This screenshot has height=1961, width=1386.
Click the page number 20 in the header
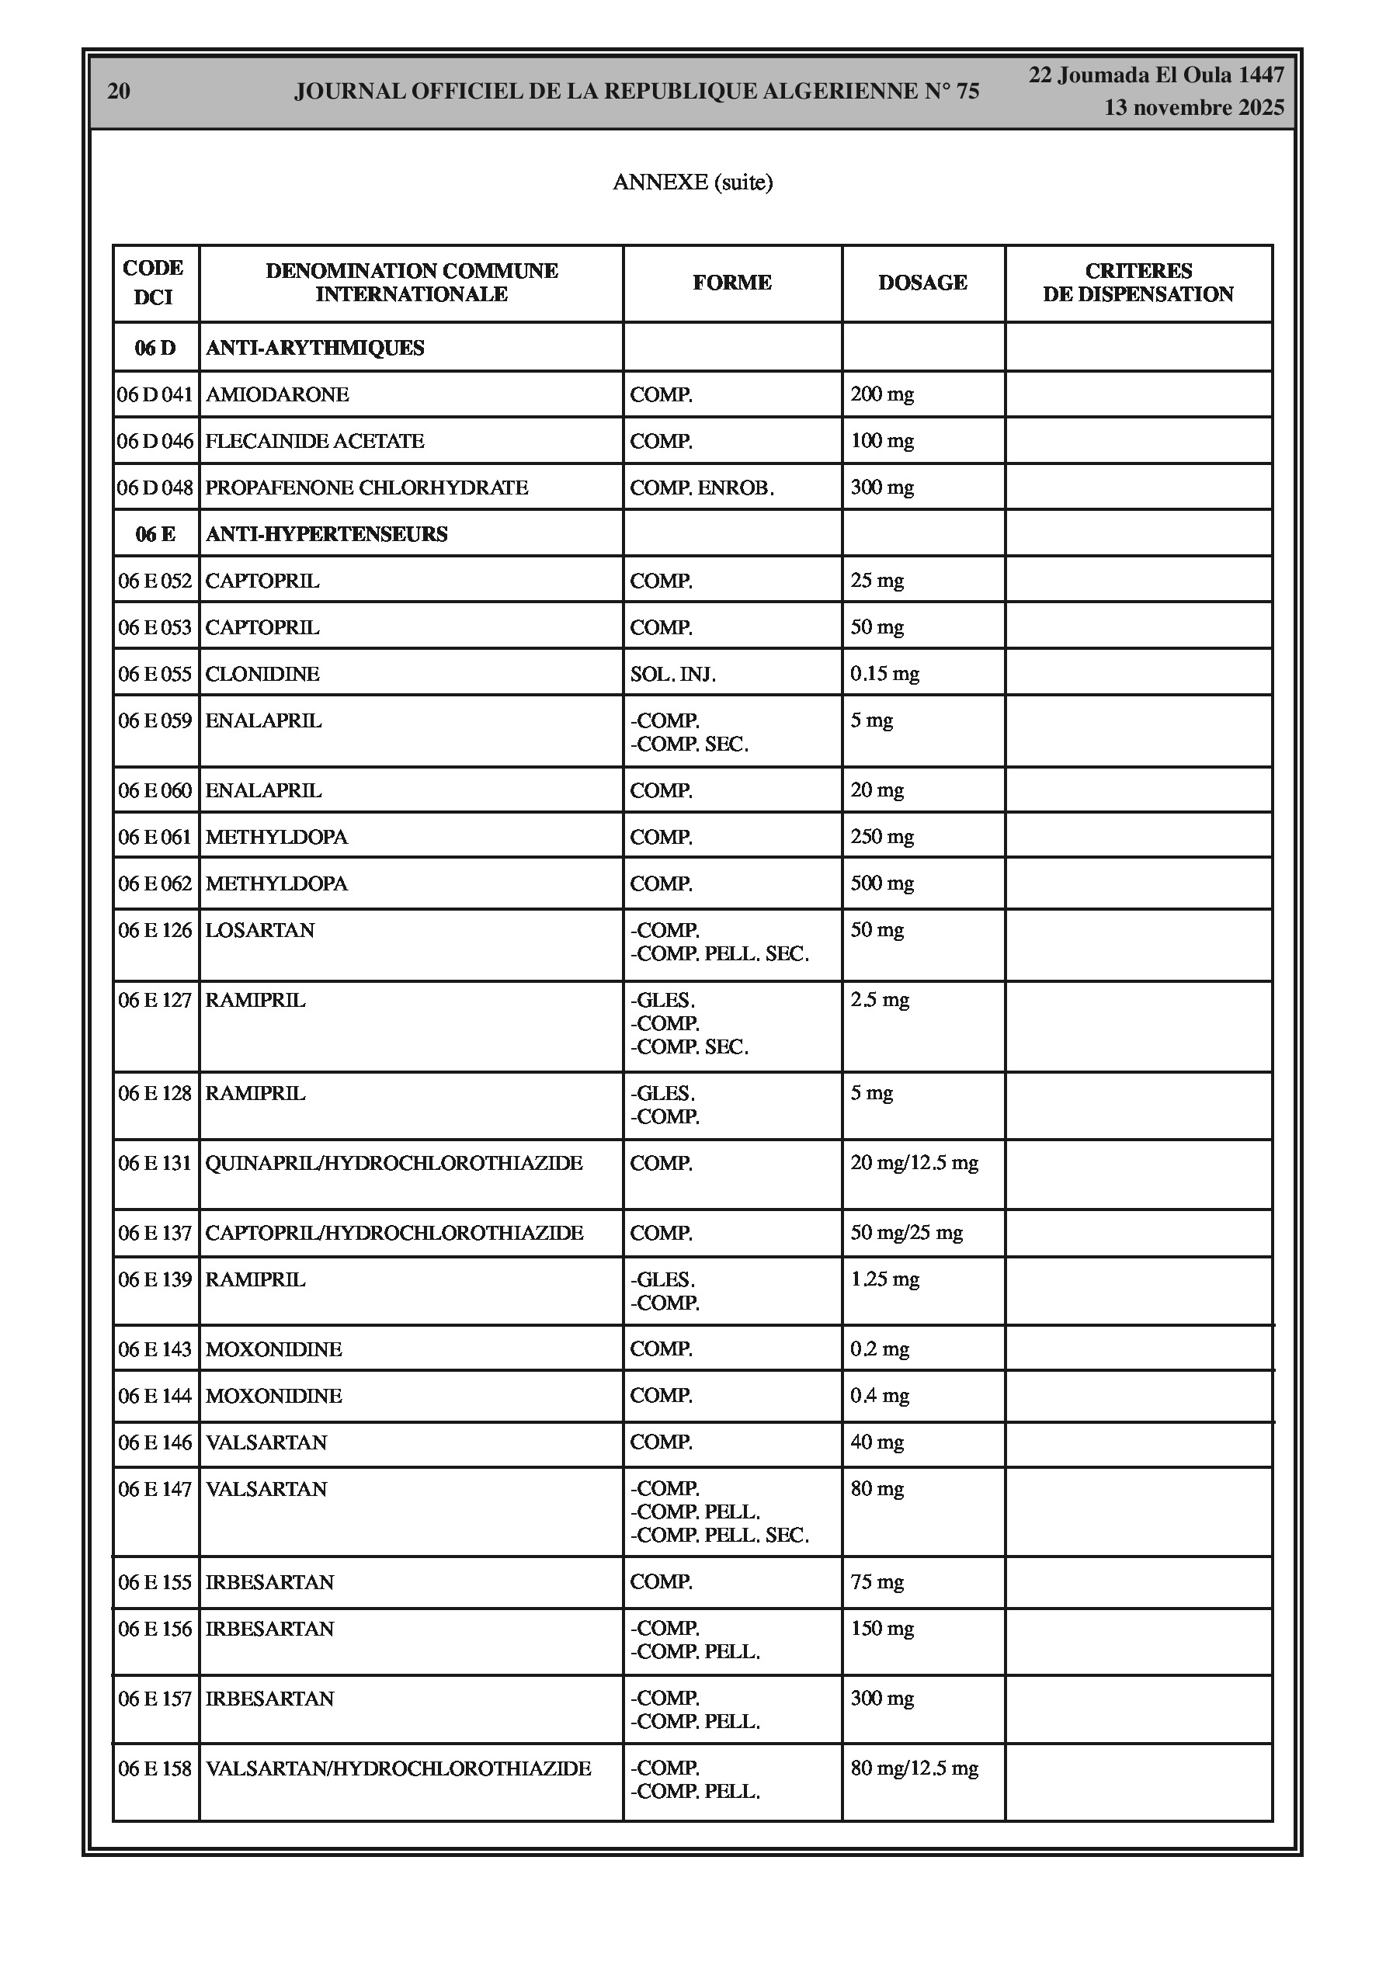(119, 92)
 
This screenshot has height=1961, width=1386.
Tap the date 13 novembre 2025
(1193, 108)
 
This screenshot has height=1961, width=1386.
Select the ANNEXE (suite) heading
(692, 182)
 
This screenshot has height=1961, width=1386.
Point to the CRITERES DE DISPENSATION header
(1138, 283)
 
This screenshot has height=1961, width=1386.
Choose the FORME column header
(731, 283)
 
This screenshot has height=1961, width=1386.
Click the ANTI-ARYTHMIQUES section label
(314, 348)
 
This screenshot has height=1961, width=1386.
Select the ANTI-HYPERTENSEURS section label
(326, 534)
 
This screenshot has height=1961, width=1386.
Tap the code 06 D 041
(155, 394)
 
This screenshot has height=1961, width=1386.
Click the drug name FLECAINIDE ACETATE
(314, 441)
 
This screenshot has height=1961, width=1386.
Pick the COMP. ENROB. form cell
(702, 488)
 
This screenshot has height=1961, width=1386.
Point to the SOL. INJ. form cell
(672, 674)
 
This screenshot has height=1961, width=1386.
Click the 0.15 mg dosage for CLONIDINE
(884, 674)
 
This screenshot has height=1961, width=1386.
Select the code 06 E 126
(155, 930)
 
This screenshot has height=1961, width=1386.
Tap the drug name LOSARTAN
(260, 930)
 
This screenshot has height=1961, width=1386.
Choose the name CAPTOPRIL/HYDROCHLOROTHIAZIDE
(394, 1233)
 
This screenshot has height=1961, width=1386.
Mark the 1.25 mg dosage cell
(884, 1279)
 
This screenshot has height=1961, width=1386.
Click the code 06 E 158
(155, 1768)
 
